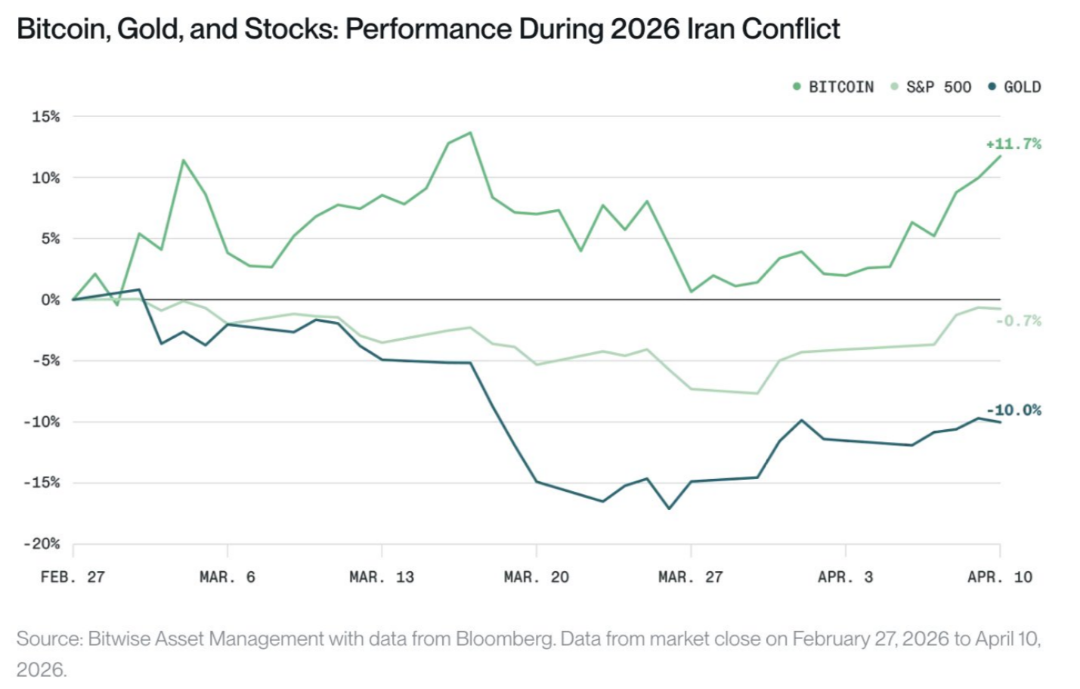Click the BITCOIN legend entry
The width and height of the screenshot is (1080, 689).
834,87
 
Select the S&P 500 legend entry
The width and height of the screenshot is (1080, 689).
931,87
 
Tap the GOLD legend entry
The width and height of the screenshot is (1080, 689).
1014,87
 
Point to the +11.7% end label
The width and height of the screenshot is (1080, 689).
1013,144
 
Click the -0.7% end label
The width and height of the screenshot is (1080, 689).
1018,320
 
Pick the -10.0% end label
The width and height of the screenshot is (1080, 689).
1013,410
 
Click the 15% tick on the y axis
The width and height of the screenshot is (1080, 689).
46,116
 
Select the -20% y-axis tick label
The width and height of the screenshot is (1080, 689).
42,544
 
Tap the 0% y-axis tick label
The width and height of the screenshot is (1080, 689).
51,300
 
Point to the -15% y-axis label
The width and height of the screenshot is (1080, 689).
42,483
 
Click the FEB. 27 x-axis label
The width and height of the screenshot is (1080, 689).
73,576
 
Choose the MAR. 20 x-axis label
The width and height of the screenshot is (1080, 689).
536,576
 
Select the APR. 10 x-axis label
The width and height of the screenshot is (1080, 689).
1000,576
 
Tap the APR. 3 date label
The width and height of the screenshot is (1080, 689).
845,576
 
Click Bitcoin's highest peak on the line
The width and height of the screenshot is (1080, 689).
471,132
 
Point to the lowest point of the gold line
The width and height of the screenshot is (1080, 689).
669,508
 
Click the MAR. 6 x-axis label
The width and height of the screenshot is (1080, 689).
227,576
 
